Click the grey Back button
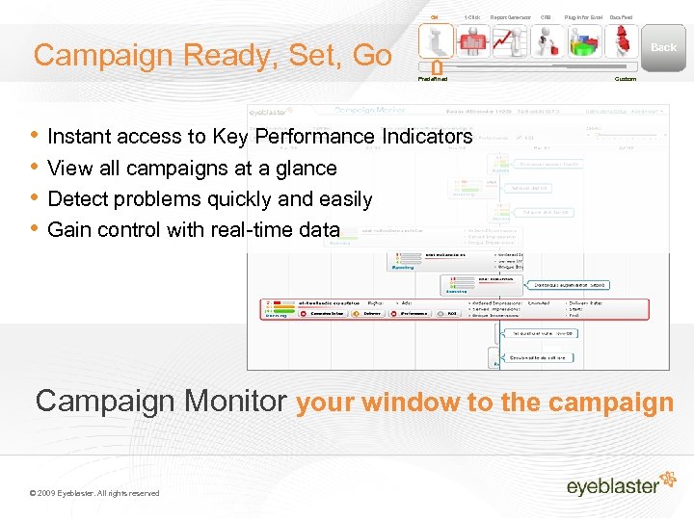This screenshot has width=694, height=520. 663,46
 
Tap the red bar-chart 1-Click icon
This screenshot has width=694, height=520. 472,41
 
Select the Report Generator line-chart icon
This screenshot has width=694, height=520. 509,41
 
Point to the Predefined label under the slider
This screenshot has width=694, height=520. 433,79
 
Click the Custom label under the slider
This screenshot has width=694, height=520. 626,79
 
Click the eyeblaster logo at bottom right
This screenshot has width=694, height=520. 613,484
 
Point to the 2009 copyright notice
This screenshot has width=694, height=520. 94,493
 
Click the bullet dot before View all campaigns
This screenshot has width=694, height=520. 36,168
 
